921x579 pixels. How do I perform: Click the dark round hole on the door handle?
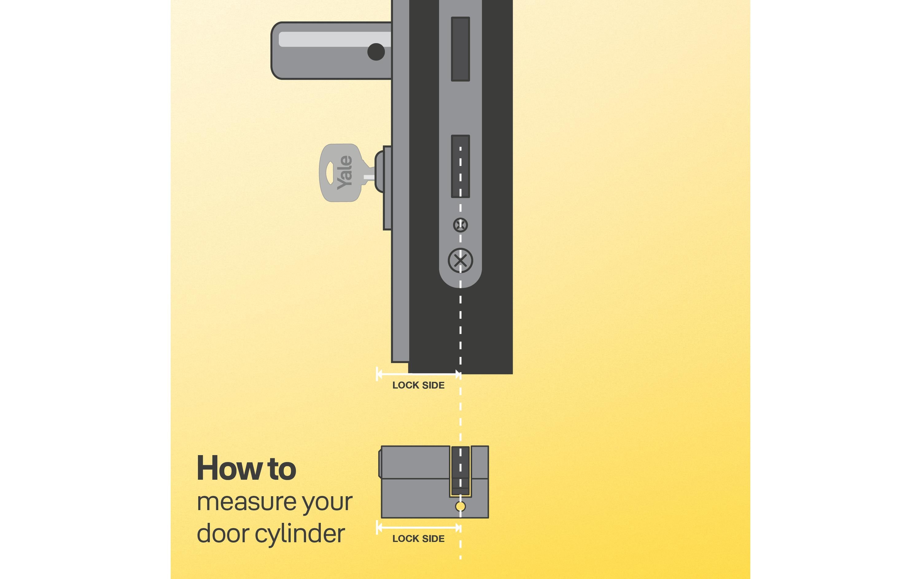point(376,52)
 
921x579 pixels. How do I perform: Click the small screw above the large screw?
point(460,225)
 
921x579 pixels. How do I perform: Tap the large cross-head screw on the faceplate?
point(460,261)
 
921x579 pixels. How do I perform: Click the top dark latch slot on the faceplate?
point(460,49)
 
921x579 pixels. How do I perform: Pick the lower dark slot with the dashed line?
point(460,167)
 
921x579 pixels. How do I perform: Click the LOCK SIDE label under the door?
point(418,385)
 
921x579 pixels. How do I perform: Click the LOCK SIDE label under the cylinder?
point(418,539)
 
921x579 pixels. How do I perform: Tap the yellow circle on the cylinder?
point(460,507)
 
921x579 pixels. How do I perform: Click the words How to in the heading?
point(246,469)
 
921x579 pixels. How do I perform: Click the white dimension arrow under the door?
point(418,374)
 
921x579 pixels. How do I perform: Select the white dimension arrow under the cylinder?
point(418,528)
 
